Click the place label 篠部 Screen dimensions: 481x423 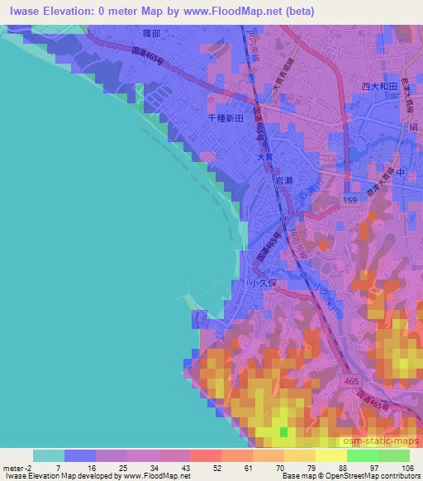click(x=151, y=34)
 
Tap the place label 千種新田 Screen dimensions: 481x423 click(x=226, y=119)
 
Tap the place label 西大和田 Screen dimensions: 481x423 click(x=380, y=86)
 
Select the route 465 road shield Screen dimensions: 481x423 click(x=350, y=377)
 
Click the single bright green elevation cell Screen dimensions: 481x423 click(x=284, y=431)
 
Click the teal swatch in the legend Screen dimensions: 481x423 click(x=48, y=455)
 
